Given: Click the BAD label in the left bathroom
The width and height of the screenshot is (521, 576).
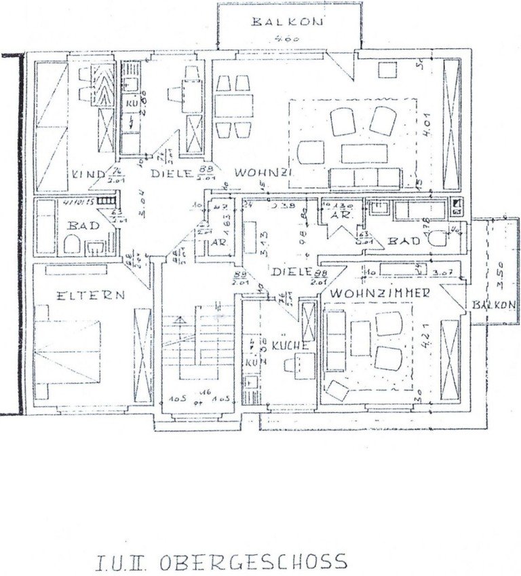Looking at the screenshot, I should [x=82, y=225].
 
